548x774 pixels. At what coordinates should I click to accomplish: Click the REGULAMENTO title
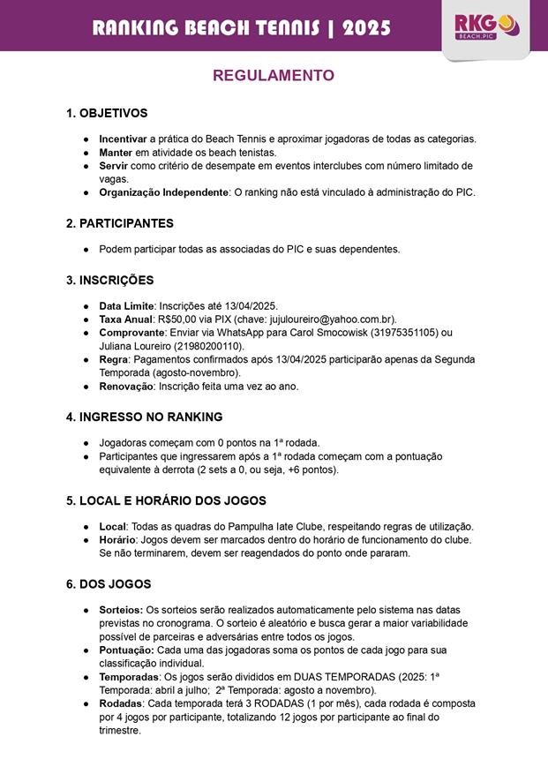coord(274,76)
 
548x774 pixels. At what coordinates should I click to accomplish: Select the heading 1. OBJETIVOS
coord(107,114)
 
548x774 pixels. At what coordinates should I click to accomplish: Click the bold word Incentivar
coord(123,139)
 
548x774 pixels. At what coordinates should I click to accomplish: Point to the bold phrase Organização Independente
coord(163,192)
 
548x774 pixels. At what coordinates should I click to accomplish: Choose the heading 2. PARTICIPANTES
coord(120,223)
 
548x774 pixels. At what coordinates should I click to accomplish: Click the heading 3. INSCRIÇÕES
coord(109,281)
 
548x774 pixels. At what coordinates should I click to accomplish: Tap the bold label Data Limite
coord(126,305)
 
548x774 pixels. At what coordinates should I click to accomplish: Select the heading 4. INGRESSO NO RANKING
coord(144,417)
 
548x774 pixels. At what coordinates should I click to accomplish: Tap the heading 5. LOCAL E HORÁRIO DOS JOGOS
coord(166,501)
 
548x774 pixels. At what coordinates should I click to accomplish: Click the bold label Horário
coord(117,539)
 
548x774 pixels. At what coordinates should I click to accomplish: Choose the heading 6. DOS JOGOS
coord(109,584)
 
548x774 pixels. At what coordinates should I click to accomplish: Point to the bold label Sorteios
coord(121,610)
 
